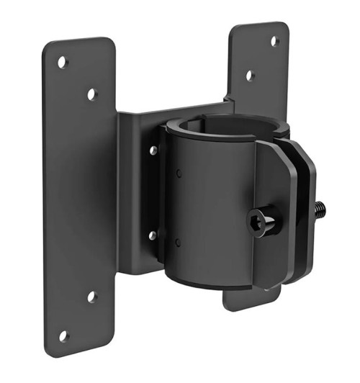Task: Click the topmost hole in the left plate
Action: pyautogui.click(x=63, y=63)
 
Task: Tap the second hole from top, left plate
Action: pyautogui.click(x=92, y=94)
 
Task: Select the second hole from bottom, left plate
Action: pyautogui.click(x=92, y=296)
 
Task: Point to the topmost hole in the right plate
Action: pyautogui.click(x=275, y=41)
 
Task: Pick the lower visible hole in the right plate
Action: pyautogui.click(x=249, y=75)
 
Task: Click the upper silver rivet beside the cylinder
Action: pyautogui.click(x=153, y=150)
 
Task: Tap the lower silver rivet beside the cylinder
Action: pyautogui.click(x=153, y=235)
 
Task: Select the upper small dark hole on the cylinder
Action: pyautogui.click(x=177, y=172)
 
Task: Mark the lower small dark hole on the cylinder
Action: pyautogui.click(x=177, y=242)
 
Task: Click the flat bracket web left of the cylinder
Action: pyautogui.click(x=137, y=194)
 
